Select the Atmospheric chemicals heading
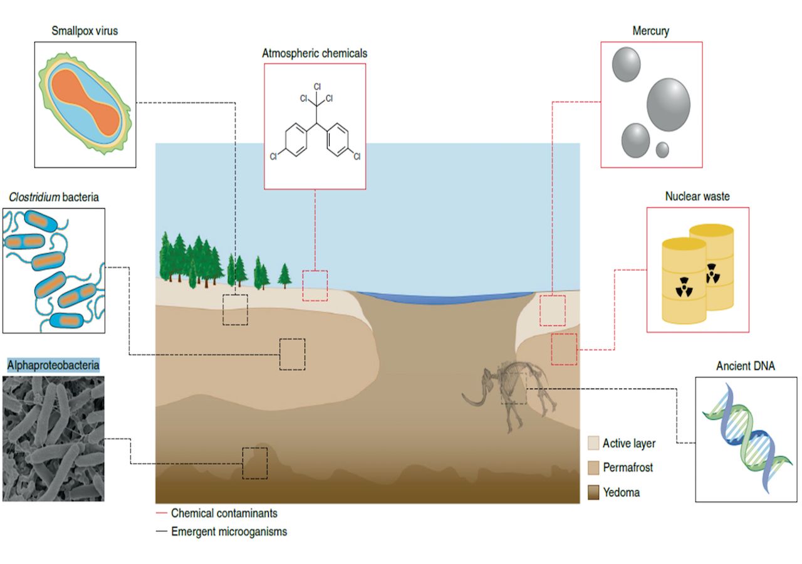[315, 53]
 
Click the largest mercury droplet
[668, 105]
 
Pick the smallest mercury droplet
[662, 150]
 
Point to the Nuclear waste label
[697, 197]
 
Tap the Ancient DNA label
[746, 366]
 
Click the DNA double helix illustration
[746, 439]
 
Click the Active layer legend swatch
[593, 444]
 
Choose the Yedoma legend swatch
[593, 492]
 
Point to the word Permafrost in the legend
[628, 467]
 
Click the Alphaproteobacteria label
[53, 364]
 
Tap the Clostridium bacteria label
[53, 197]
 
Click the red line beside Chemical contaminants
[161, 513]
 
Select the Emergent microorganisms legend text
[229, 531]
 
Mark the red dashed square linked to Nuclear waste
[564, 349]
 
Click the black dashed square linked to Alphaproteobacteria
[254, 463]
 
